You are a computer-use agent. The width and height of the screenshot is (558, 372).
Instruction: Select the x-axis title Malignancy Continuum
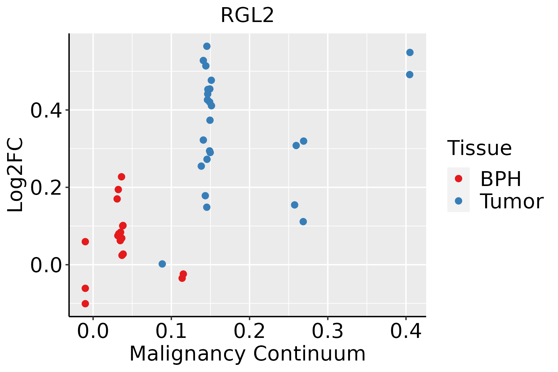pos(247,354)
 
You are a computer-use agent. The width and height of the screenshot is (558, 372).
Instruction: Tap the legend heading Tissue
pos(479,148)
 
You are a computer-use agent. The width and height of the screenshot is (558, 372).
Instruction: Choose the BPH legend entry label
pos(501,179)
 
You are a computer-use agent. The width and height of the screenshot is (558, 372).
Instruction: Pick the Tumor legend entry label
pos(511,201)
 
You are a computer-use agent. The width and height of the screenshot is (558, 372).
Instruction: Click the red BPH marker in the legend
pos(458,179)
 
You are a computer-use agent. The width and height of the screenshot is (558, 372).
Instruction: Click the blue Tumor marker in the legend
pos(458,201)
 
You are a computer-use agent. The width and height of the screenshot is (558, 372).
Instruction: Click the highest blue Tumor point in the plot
pos(207,46)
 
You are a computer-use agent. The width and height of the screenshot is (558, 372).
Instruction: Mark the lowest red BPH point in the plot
pos(85,303)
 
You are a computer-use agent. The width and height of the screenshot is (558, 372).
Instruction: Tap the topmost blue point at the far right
pos(410,52)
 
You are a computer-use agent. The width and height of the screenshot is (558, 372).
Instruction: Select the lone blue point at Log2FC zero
pos(162,264)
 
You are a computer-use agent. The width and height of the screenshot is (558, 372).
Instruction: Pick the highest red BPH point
pos(122,177)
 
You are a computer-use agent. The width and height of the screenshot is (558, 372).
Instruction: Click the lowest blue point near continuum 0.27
pos(303,221)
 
